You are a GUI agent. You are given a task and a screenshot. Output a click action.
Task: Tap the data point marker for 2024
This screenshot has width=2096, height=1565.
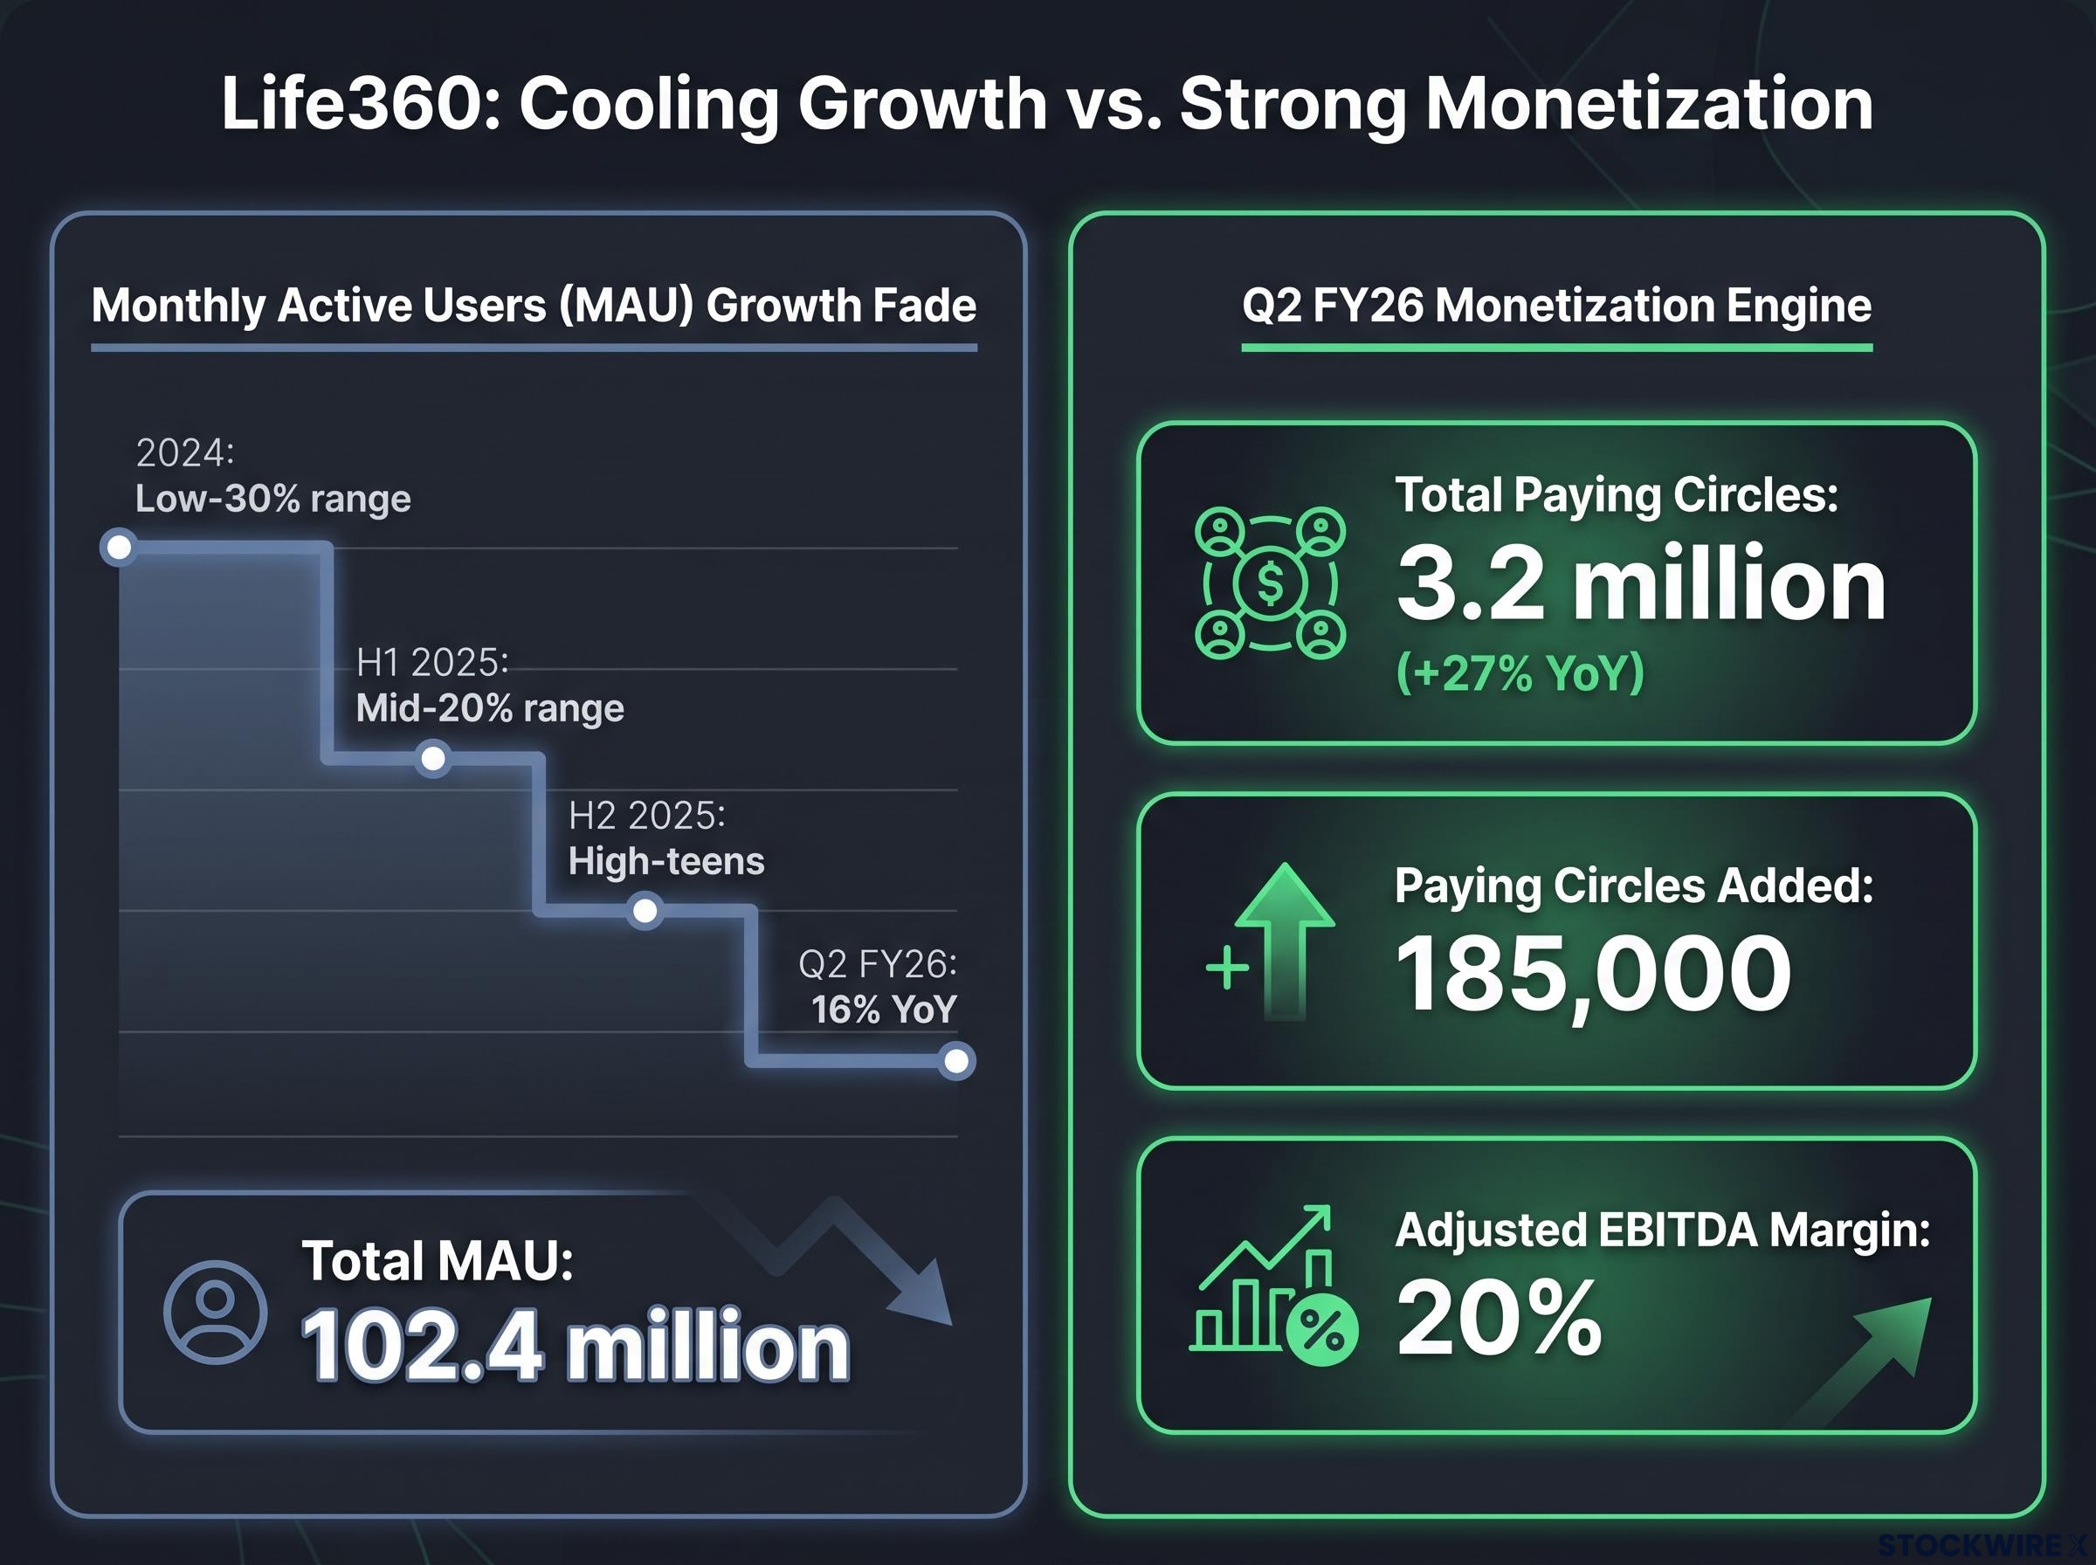click(120, 548)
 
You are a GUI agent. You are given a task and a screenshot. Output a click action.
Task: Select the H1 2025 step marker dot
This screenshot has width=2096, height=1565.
click(434, 759)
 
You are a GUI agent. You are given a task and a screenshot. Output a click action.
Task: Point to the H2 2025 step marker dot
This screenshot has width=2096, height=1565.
click(645, 912)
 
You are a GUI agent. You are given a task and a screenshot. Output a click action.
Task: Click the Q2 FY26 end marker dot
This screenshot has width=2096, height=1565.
click(956, 1061)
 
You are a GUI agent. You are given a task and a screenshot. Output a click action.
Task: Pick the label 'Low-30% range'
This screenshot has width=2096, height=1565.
click(272, 499)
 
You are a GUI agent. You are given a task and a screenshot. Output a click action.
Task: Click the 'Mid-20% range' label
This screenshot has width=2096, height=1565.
click(490, 707)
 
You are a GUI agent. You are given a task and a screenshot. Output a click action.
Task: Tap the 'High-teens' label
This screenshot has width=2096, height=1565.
click(666, 861)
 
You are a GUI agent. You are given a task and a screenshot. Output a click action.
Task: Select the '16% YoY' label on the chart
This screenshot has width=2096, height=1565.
click(884, 1010)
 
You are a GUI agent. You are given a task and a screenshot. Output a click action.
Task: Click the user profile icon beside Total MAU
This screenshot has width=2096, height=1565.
click(215, 1312)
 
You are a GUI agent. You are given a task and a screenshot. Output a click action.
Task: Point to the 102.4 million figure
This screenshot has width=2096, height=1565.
click(576, 1346)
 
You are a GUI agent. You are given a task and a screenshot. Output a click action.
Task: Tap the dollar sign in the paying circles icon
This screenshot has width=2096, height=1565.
click(1270, 583)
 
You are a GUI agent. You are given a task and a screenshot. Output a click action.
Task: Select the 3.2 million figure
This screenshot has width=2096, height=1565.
click(1641, 584)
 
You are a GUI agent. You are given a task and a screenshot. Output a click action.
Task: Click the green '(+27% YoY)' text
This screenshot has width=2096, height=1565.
click(1520, 673)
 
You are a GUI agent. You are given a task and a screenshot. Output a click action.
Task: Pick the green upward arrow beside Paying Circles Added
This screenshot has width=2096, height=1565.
click(1285, 941)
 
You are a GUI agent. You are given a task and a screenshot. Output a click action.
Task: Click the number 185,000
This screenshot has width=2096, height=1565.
click(1593, 974)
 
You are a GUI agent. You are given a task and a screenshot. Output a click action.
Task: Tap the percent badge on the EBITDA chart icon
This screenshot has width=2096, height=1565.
click(1322, 1329)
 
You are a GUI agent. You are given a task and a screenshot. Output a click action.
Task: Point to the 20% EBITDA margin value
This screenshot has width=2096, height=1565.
click(1500, 1318)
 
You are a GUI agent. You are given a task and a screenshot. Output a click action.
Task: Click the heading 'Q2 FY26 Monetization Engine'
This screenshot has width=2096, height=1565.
click(1557, 306)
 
